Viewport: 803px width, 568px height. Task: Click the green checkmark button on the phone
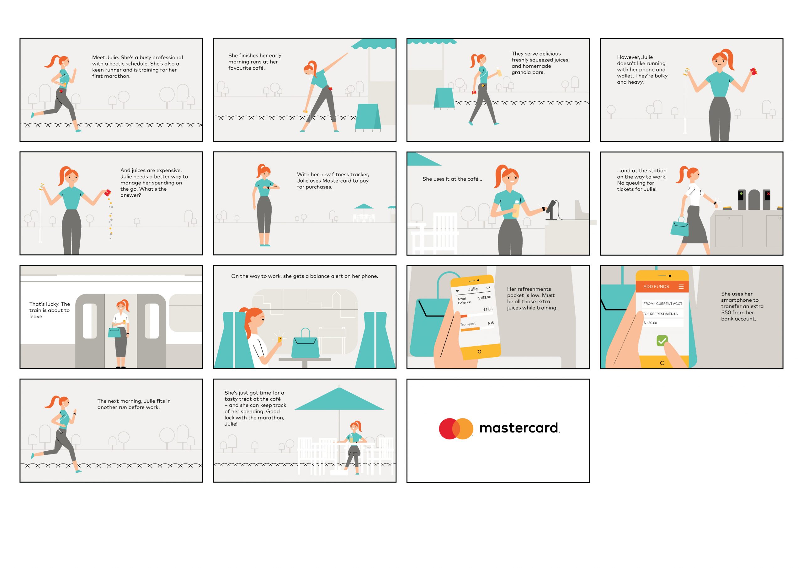[662, 340]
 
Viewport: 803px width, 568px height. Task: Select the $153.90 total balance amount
[484, 298]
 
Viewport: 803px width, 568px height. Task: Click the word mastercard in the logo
[519, 428]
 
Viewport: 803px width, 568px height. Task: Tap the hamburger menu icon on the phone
[681, 286]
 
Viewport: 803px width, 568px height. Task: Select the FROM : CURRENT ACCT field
[662, 304]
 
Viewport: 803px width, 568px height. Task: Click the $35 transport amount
[491, 323]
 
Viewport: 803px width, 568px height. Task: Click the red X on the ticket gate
[768, 194]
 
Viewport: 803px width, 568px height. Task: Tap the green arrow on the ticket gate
[741, 194]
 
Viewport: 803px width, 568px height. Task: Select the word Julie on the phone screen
[473, 289]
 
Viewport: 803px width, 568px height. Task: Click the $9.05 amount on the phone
[487, 310]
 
